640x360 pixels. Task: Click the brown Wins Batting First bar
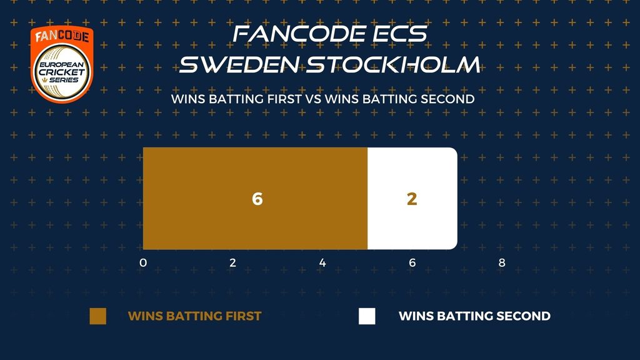(x=255, y=198)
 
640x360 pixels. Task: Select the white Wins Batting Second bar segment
(x=412, y=198)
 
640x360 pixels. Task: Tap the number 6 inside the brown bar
(x=257, y=199)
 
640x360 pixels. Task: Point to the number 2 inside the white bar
(x=412, y=199)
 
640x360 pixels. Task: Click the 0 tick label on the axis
(x=143, y=262)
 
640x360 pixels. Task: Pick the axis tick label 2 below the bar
(x=232, y=262)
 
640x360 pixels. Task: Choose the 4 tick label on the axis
(x=322, y=262)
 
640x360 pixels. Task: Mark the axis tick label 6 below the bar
(x=412, y=262)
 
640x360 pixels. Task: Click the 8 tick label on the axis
(x=502, y=262)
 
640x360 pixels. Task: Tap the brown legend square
(x=98, y=316)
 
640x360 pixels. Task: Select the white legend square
(x=367, y=316)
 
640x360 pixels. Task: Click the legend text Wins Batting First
(x=195, y=316)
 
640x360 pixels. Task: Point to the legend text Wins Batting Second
(x=475, y=316)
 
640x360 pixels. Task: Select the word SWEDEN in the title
(x=239, y=65)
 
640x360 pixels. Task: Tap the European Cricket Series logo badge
(x=62, y=64)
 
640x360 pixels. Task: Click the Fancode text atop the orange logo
(x=62, y=36)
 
